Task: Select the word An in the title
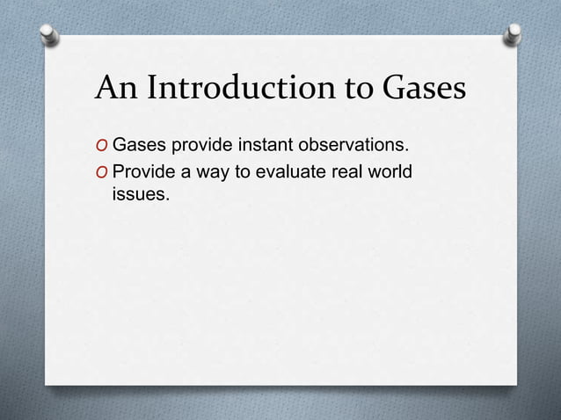pos(115,89)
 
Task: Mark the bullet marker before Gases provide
pos(102,145)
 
